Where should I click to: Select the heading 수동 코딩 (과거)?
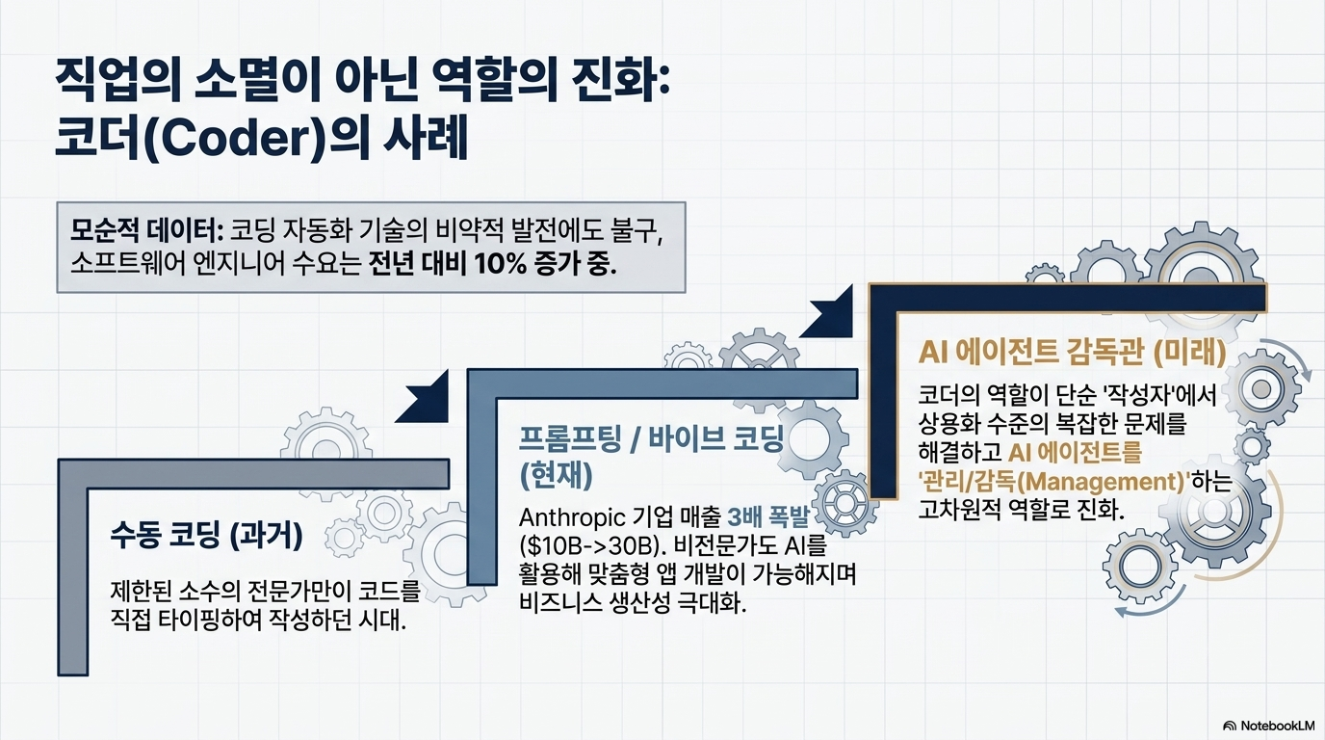[x=206, y=537]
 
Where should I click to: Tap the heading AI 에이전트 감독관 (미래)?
[x=1073, y=353]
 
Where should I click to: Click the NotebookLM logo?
[x=1268, y=726]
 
